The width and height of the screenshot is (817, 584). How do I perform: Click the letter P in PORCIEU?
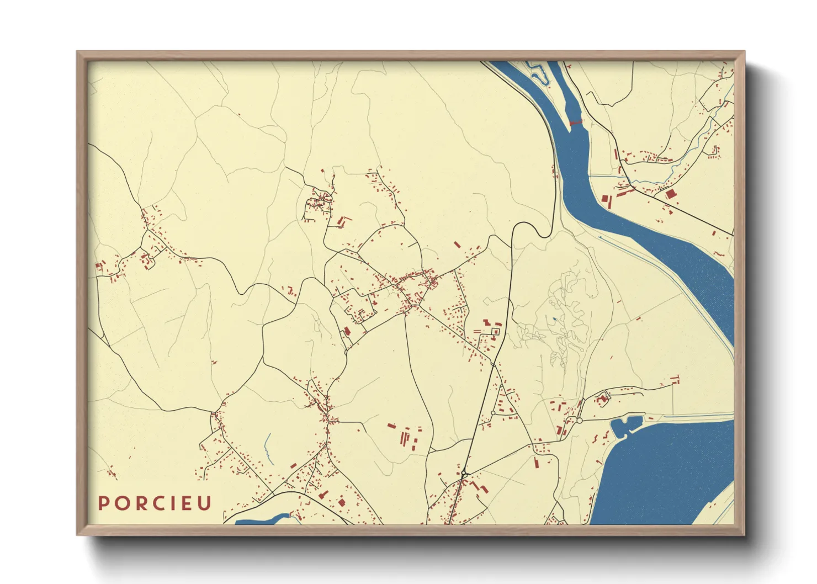103,503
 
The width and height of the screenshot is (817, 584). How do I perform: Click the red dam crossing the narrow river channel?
575,121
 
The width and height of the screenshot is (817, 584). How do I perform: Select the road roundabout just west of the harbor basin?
580,421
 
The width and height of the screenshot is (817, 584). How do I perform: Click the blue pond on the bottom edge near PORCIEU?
262,520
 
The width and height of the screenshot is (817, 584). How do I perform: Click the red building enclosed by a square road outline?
496,331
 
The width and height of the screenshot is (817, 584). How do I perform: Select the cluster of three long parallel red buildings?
407,439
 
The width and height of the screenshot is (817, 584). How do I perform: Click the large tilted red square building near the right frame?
671,194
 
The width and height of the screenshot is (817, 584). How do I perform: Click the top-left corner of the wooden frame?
77,52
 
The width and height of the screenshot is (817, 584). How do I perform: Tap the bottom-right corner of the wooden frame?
745,535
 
